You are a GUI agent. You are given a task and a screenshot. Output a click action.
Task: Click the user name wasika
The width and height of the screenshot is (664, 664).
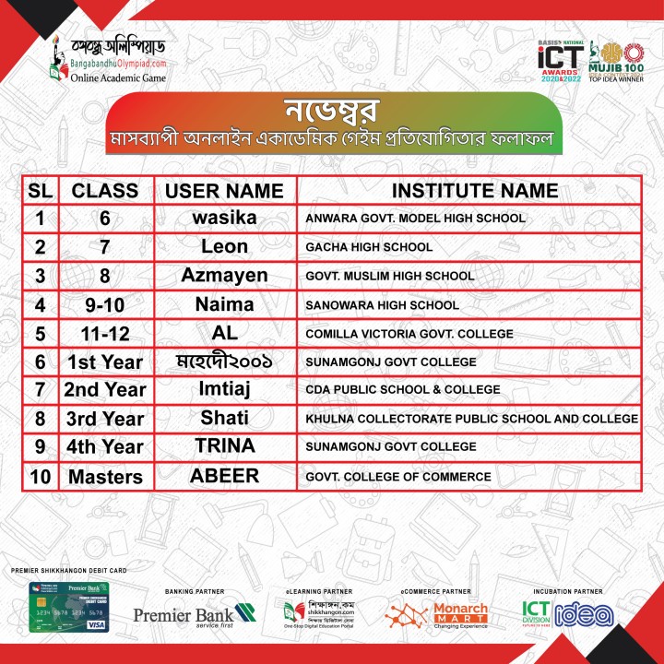(224, 219)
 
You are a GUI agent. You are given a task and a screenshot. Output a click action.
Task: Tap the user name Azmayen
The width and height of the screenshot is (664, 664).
(224, 276)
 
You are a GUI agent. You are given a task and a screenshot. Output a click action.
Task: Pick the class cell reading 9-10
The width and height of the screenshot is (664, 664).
(105, 304)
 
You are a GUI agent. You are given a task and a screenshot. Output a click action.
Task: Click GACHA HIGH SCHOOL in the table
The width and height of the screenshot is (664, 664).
(369, 247)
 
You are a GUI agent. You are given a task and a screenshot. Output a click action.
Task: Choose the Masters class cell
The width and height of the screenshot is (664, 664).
(105, 477)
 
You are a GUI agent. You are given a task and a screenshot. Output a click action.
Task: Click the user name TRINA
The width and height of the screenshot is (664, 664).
(224, 446)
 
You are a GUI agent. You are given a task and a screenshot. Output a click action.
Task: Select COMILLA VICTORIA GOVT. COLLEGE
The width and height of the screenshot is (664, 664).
(409, 333)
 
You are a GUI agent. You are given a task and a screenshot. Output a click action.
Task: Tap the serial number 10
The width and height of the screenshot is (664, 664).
(40, 477)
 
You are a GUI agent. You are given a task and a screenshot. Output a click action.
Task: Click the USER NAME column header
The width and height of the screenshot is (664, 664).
(224, 190)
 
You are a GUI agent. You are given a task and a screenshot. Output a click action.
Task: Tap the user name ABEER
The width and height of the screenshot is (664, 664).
(224, 477)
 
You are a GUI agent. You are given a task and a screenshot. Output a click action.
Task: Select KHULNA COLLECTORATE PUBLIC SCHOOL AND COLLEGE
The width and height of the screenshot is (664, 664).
(471, 419)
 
